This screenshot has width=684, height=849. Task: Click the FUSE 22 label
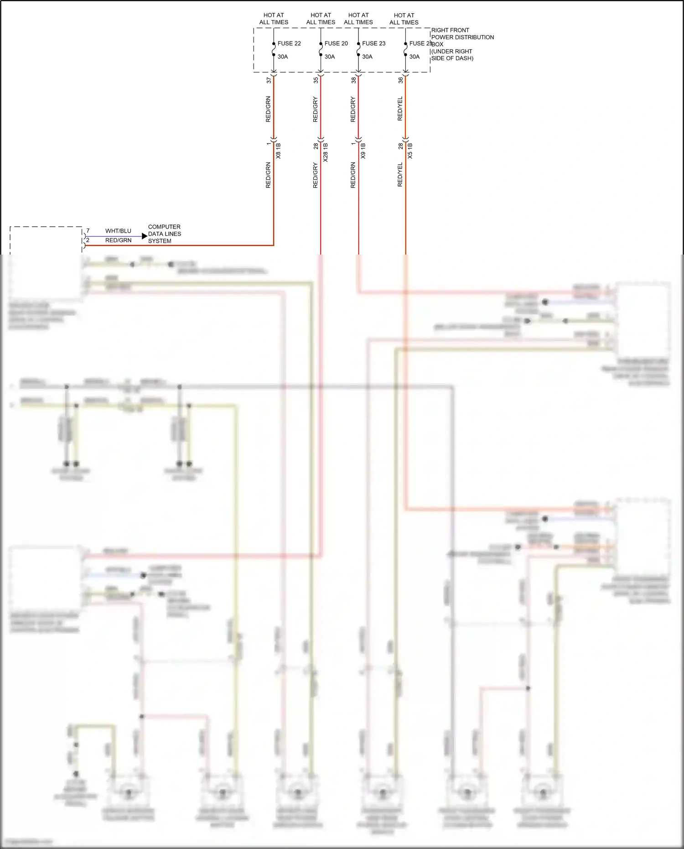[289, 43]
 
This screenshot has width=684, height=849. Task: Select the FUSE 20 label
[336, 43]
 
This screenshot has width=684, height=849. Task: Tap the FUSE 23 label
[373, 43]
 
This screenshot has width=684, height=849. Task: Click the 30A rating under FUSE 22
[283, 57]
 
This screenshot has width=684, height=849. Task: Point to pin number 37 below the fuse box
[269, 80]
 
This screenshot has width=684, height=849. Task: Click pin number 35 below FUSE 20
[316, 80]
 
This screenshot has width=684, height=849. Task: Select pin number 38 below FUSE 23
[353, 80]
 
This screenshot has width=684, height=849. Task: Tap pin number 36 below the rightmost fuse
[400, 80]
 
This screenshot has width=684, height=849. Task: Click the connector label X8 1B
[278, 151]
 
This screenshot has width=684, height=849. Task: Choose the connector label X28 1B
[325, 152]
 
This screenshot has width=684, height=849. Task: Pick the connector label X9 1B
[363, 151]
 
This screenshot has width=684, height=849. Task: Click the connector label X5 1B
[409, 151]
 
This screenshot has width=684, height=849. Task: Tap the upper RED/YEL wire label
[400, 109]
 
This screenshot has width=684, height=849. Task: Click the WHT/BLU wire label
[118, 231]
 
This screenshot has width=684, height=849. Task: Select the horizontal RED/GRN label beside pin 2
[118, 240]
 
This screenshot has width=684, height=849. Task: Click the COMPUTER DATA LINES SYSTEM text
[164, 234]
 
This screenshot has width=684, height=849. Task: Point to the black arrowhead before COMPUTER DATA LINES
[145, 236]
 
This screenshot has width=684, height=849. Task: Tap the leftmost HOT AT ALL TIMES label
[274, 19]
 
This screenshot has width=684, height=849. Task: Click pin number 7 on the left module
[88, 231]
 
